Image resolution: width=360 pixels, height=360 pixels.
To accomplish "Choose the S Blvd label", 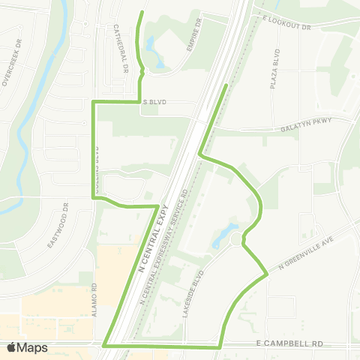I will click(153, 101).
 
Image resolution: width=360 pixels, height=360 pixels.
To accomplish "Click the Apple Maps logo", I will click(28, 347).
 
